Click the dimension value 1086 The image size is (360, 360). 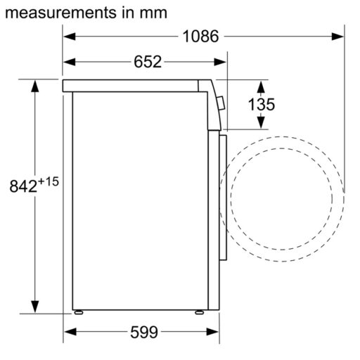201,37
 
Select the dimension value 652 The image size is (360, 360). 148,62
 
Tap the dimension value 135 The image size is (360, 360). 261,105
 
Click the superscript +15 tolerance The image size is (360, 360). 48,182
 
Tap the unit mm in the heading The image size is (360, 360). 152,13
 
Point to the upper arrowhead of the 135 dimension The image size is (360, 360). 261,86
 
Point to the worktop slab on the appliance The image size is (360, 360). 137,86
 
